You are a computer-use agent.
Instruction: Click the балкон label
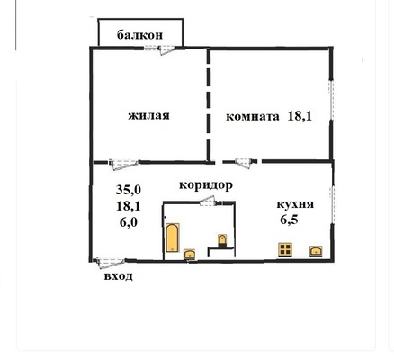[140, 35]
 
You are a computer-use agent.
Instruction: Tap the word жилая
[149, 116]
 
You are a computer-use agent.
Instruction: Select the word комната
[253, 115]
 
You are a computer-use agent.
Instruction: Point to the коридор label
[206, 185]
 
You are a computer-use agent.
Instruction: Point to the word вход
[119, 275]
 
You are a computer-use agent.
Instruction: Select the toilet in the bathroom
[221, 240]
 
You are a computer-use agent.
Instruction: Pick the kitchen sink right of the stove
[316, 250]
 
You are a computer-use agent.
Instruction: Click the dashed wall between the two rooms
[210, 103]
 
